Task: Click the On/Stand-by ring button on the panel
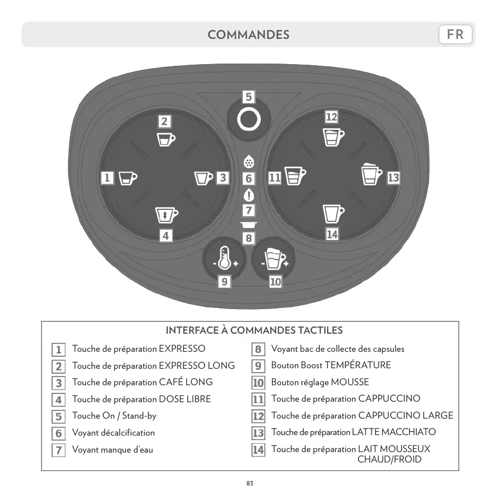[248, 120]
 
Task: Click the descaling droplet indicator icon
[249, 163]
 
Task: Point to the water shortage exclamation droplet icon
[249, 195]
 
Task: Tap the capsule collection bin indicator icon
[249, 225]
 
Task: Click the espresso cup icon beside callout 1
[128, 178]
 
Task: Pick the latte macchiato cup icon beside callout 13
[372, 174]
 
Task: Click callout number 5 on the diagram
[248, 97]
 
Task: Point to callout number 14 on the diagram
[332, 235]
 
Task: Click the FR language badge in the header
[455, 35]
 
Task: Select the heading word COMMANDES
[248, 35]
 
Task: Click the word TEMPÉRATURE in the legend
[357, 365]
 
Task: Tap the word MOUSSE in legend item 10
[350, 382]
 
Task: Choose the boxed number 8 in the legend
[258, 349]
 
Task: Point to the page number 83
[249, 483]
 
